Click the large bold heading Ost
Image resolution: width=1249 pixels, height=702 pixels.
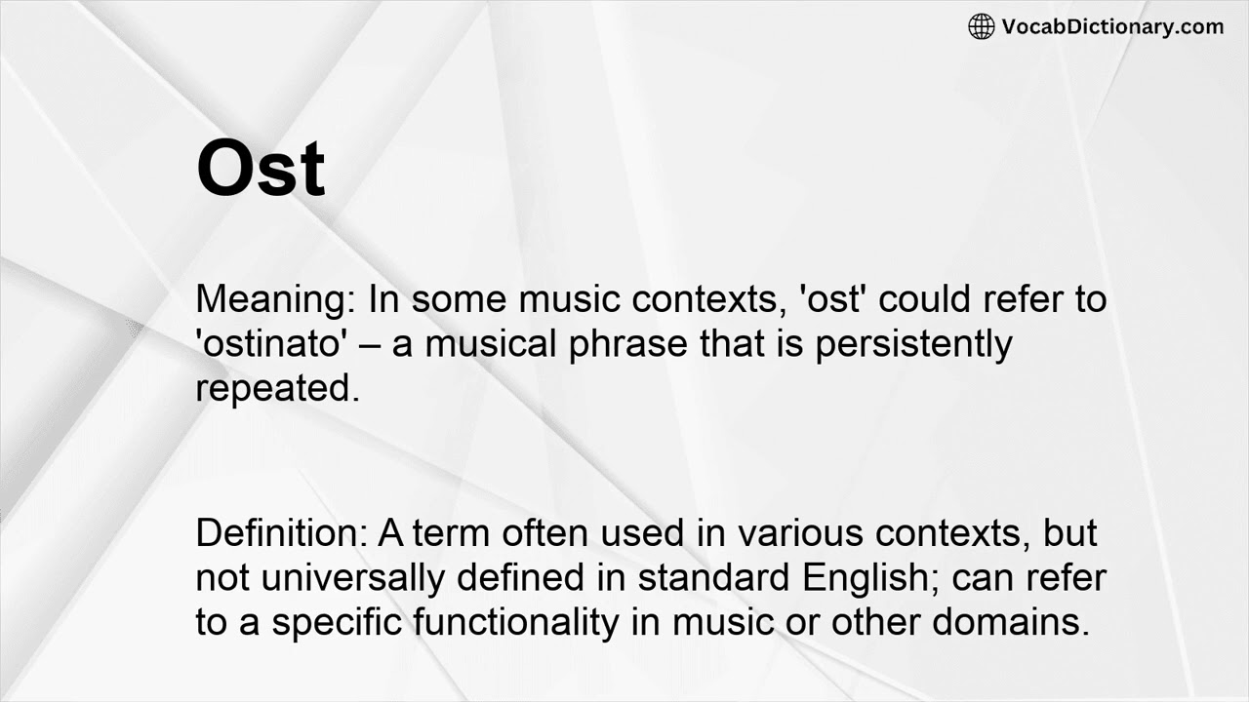[261, 168]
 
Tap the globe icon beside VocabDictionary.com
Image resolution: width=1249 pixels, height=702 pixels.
[981, 27]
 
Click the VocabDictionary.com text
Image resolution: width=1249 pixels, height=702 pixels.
[1112, 27]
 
